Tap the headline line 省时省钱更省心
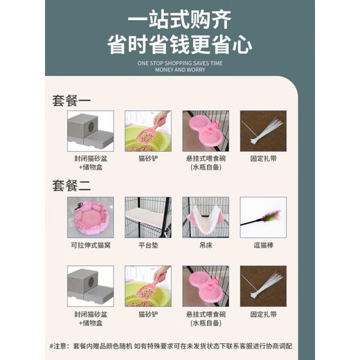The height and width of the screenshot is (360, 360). pyautogui.click(x=181, y=43)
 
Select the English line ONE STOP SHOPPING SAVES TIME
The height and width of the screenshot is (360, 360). pyautogui.click(x=181, y=62)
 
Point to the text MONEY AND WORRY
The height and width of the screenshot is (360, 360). pyautogui.click(x=181, y=70)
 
